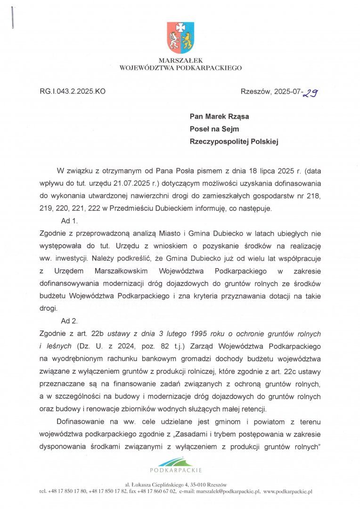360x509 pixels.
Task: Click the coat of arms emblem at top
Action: pyautogui.click(x=180, y=37)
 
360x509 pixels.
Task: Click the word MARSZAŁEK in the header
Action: pyautogui.click(x=180, y=61)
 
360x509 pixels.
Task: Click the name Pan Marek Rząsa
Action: pyautogui.click(x=220, y=116)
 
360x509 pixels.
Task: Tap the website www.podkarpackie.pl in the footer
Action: pyautogui.click(x=288, y=492)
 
